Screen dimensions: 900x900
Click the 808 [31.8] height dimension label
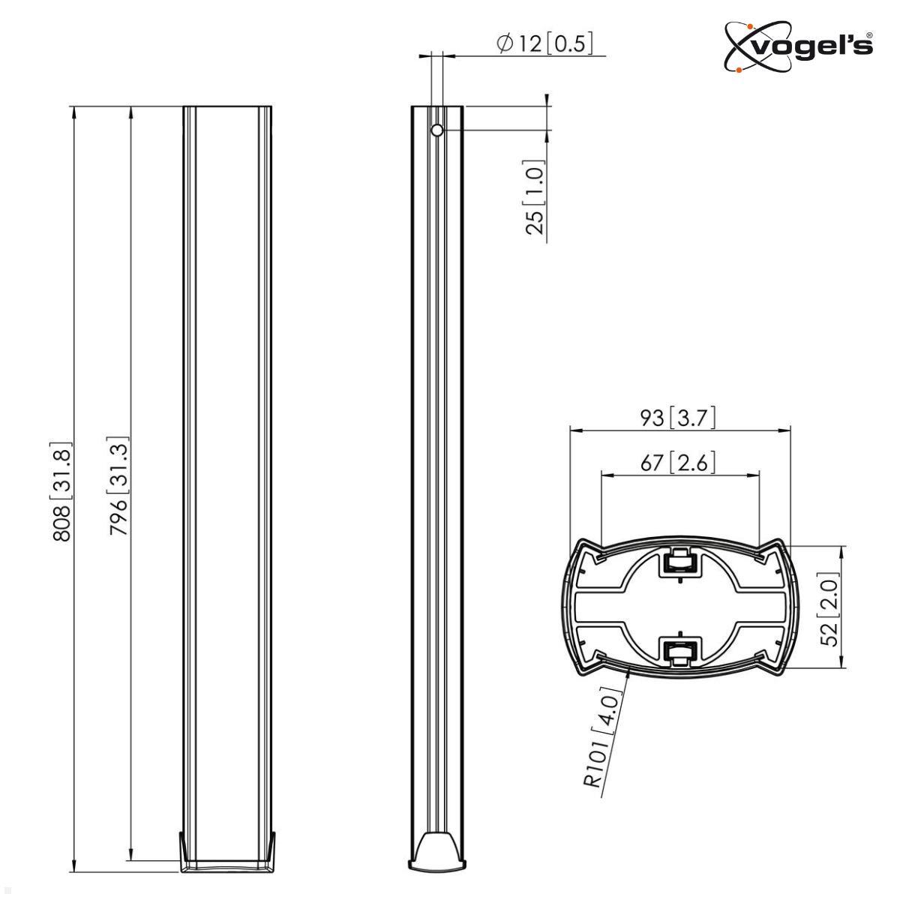[62, 491]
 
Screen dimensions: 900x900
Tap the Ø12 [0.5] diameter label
[544, 43]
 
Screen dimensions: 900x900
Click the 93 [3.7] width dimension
[679, 417]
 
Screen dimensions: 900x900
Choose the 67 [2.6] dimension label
[679, 462]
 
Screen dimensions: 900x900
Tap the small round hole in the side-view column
[437, 130]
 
